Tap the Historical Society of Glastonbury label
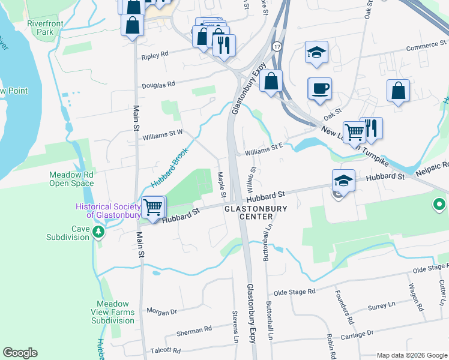pyautogui.click(x=108, y=211)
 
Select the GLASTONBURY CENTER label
pyautogui.click(x=256, y=212)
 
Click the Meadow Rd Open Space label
pyautogui.click(x=71, y=179)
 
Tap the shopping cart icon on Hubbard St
pyautogui.click(x=154, y=208)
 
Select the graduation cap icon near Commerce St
pyautogui.click(x=316, y=52)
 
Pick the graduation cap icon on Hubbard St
pyautogui.click(x=343, y=180)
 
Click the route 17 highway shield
pyautogui.click(x=277, y=46)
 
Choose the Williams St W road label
pyautogui.click(x=162, y=137)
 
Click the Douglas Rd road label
pyautogui.click(x=158, y=85)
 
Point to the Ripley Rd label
pyautogui.click(x=155, y=56)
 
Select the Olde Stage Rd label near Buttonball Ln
pyautogui.click(x=294, y=292)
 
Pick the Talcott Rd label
pyautogui.click(x=166, y=350)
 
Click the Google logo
pyautogui.click(x=20, y=353)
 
